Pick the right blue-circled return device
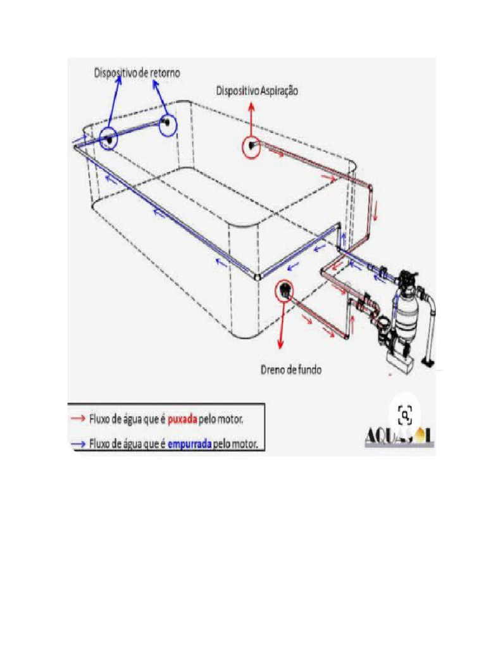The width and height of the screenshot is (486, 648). (x=167, y=122)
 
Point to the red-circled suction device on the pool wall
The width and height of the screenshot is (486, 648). (x=252, y=147)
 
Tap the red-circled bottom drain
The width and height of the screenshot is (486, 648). (x=285, y=291)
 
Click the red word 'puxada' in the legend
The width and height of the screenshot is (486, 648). (x=183, y=419)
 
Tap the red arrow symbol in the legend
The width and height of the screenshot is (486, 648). (x=78, y=419)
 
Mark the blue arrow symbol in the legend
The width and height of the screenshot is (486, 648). (x=78, y=444)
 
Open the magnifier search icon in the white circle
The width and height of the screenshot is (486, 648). (x=405, y=415)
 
